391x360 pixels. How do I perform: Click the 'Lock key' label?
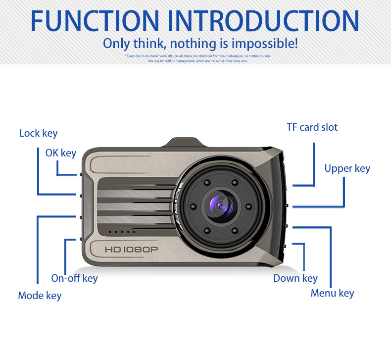point(38,133)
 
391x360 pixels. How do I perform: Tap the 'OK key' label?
point(60,153)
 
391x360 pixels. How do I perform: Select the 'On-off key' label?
point(74,278)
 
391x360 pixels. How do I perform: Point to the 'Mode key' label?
point(40,296)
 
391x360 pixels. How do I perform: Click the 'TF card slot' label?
point(312,127)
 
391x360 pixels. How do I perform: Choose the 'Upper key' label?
point(347,168)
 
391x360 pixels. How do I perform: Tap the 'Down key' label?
point(295,278)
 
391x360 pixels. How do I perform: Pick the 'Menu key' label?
point(332,293)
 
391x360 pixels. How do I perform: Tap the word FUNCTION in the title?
point(94,21)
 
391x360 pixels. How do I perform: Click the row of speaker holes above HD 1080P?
point(122,232)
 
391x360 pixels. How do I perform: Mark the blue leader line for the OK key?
point(58,168)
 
